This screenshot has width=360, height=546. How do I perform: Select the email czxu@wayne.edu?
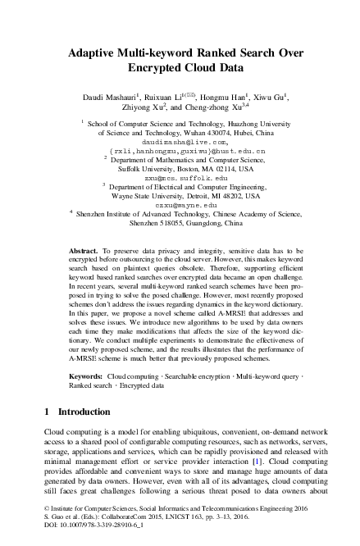click(179, 205)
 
